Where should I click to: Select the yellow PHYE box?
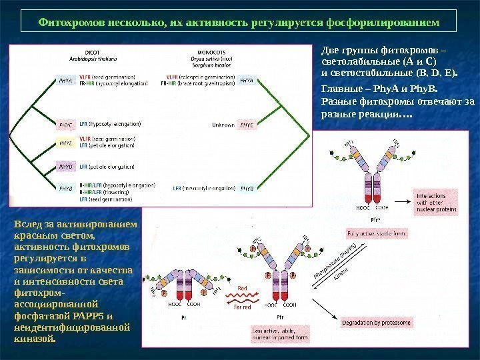point(66,143)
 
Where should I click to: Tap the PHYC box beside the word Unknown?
point(247,125)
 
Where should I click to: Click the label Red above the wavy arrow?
point(242,289)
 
